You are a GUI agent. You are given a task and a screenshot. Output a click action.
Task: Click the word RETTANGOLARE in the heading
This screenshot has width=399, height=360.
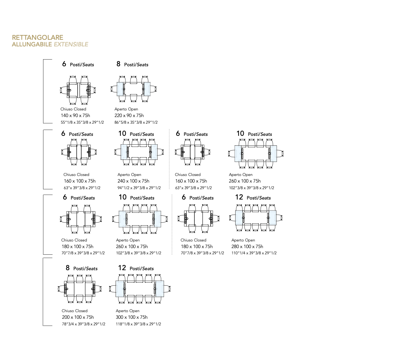[x=38, y=38]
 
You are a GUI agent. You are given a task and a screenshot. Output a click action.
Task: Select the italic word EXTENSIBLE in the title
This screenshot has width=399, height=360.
[x=71, y=45]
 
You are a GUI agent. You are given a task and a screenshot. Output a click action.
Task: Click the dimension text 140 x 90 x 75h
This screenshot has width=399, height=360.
[x=75, y=116]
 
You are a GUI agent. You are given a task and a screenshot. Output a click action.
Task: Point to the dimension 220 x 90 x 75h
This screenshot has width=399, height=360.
[x=129, y=116]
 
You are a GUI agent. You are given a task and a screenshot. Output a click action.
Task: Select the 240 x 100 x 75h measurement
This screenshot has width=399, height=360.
[x=134, y=181]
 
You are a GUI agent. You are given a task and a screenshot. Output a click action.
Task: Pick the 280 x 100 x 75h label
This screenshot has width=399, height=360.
[x=247, y=247]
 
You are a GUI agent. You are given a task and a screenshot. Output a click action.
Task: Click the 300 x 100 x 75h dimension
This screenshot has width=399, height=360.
[x=132, y=317]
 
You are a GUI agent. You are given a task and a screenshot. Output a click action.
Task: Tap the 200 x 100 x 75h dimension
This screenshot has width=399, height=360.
[x=78, y=317]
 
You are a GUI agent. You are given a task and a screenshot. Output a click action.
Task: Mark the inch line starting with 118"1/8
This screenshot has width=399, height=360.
[x=138, y=324]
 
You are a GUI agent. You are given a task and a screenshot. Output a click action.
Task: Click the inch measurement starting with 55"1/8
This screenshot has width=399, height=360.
[x=82, y=122]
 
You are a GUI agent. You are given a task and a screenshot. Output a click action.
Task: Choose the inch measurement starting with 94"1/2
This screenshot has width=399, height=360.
[x=139, y=188]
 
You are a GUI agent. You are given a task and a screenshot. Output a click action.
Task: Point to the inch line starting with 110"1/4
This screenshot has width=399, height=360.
[x=254, y=253]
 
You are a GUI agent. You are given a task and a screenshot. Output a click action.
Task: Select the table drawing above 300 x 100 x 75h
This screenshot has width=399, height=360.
[x=140, y=289]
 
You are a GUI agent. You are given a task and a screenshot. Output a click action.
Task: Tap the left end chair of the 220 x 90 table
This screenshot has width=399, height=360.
[x=113, y=89]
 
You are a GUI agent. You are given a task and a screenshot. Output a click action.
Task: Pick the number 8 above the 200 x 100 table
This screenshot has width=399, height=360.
[x=67, y=268]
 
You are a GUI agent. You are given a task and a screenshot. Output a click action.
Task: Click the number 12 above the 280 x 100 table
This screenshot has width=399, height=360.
[x=239, y=197]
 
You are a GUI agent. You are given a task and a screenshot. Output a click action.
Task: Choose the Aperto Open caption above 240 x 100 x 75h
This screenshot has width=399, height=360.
[x=130, y=175]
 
